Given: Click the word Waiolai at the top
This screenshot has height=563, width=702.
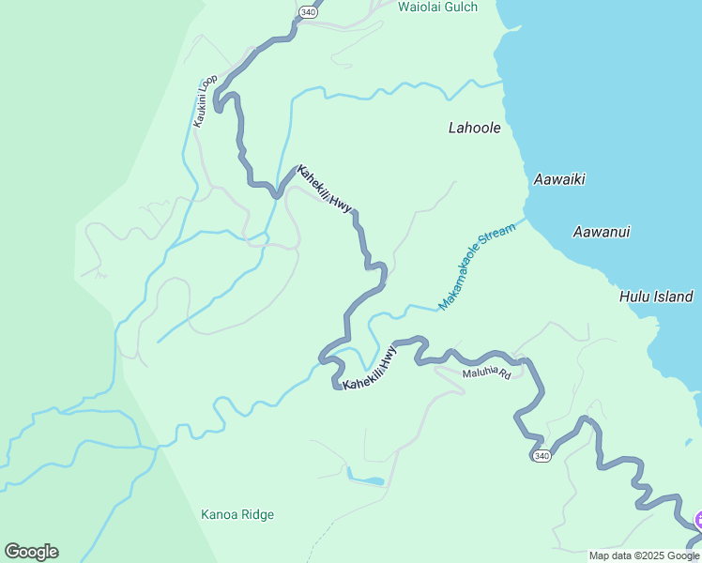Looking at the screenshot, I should tap(420, 8).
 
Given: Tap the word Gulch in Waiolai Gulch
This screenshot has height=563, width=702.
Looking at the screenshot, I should tap(460, 8).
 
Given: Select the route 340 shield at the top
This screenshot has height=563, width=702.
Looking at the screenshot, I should tap(308, 10).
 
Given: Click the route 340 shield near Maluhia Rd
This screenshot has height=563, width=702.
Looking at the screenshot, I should tap(540, 456).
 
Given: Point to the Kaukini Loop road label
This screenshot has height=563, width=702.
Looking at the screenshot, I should tap(206, 100).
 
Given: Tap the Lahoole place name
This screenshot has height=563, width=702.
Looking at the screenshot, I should tap(474, 129).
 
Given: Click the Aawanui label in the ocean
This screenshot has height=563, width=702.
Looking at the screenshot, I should tap(602, 232).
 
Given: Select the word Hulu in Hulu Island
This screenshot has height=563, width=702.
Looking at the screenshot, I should tap(635, 297).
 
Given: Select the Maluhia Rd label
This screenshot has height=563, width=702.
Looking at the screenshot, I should tap(486, 373).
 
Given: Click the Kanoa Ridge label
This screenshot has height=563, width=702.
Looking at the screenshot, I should tap(237, 514).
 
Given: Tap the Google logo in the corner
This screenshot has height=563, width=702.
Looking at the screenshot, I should tap(31, 552).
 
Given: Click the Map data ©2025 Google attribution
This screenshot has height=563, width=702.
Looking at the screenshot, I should tap(644, 555).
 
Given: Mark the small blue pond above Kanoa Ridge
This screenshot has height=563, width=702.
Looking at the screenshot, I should tap(367, 480).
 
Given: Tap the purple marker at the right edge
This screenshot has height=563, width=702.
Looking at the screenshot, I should tap(697, 520).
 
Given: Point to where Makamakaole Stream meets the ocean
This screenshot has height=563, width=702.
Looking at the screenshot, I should tap(526, 220).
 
